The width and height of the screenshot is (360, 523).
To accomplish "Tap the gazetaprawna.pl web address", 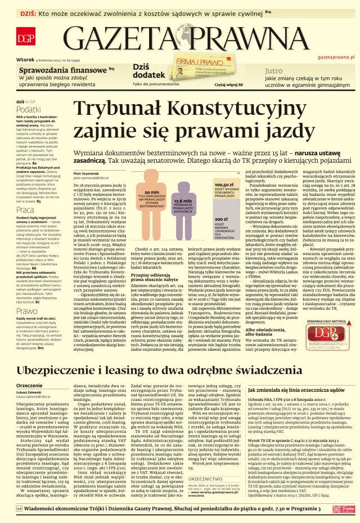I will [336, 57].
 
